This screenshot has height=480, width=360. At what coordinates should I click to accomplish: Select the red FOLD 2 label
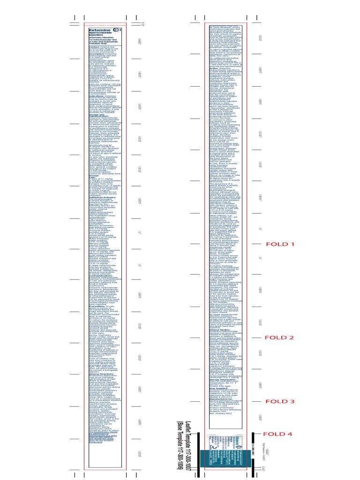coord(279,337)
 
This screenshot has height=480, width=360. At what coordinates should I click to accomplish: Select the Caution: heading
coord(94,47)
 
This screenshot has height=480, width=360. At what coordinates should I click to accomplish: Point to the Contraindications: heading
coord(101,276)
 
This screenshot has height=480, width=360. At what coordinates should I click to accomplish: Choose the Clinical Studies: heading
coord(217,343)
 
